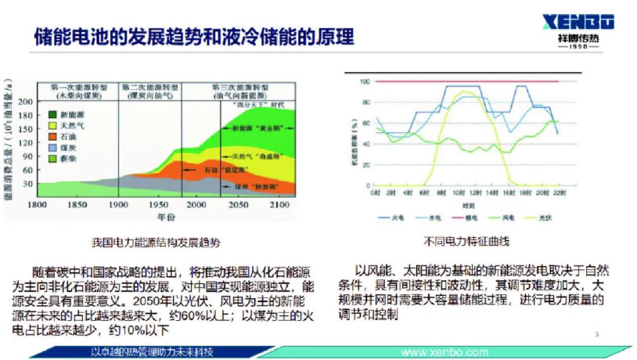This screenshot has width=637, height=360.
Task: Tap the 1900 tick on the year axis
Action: click(x=119, y=205)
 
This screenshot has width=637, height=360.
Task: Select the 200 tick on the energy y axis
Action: click(x=26, y=102)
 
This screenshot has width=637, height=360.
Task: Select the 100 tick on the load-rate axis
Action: click(x=363, y=81)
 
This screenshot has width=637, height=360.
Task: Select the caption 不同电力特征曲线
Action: click(x=466, y=241)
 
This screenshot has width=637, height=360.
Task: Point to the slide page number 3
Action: click(x=596, y=334)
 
